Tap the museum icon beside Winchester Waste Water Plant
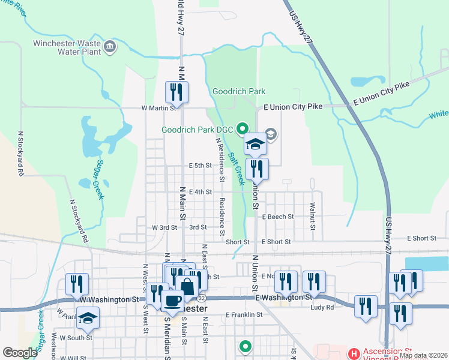(x=109, y=47)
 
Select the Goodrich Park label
(x=239, y=91)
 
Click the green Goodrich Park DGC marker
(x=243, y=128)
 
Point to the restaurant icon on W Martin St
(x=176, y=92)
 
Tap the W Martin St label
(x=158, y=109)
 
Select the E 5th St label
(x=200, y=165)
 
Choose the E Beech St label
(x=278, y=217)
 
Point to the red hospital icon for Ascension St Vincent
(x=354, y=353)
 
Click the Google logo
(x=20, y=353)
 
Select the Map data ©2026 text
(x=424, y=355)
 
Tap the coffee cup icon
(x=173, y=301)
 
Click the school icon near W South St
(x=88, y=319)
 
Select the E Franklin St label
(x=244, y=314)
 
